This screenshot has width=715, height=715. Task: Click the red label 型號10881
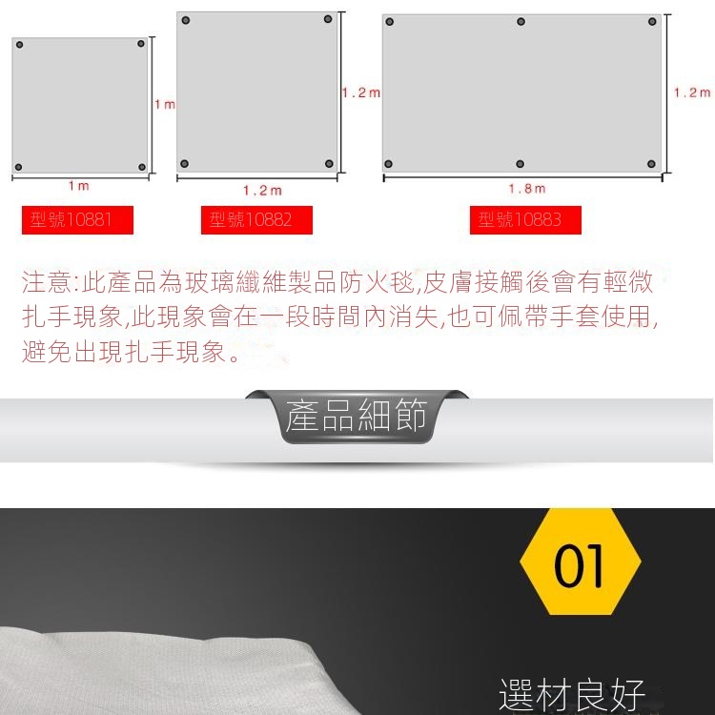point(77,220)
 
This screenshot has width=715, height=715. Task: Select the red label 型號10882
point(256,220)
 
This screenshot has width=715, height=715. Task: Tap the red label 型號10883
point(525,220)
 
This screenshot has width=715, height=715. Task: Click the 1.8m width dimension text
point(527,189)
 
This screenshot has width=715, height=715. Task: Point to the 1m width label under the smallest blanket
point(79,186)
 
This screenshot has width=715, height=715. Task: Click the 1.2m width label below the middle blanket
point(262,190)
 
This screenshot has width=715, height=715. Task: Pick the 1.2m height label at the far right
point(692,92)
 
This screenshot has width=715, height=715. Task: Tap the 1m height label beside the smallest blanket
point(165,105)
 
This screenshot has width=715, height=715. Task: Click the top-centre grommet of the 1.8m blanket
point(521,21)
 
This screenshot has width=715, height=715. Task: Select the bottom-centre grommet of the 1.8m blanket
point(520,164)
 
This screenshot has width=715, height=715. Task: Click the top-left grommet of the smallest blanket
point(19,44)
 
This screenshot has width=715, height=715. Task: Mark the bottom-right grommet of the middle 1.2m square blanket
point(329,163)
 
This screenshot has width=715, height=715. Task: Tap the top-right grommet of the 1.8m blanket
point(652,21)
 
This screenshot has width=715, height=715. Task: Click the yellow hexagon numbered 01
point(580,562)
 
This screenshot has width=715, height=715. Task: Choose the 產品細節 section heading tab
point(357,416)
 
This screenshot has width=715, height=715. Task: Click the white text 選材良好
point(572,694)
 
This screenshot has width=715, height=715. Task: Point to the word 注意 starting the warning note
point(47,282)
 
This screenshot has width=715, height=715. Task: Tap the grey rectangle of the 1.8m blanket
point(521,93)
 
